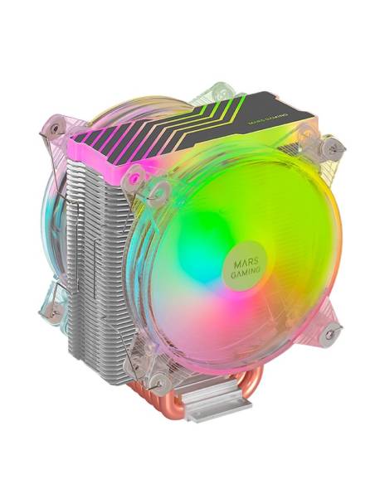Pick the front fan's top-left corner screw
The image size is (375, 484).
(x=132, y=177)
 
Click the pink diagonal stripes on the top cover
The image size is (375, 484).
(x=116, y=131)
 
